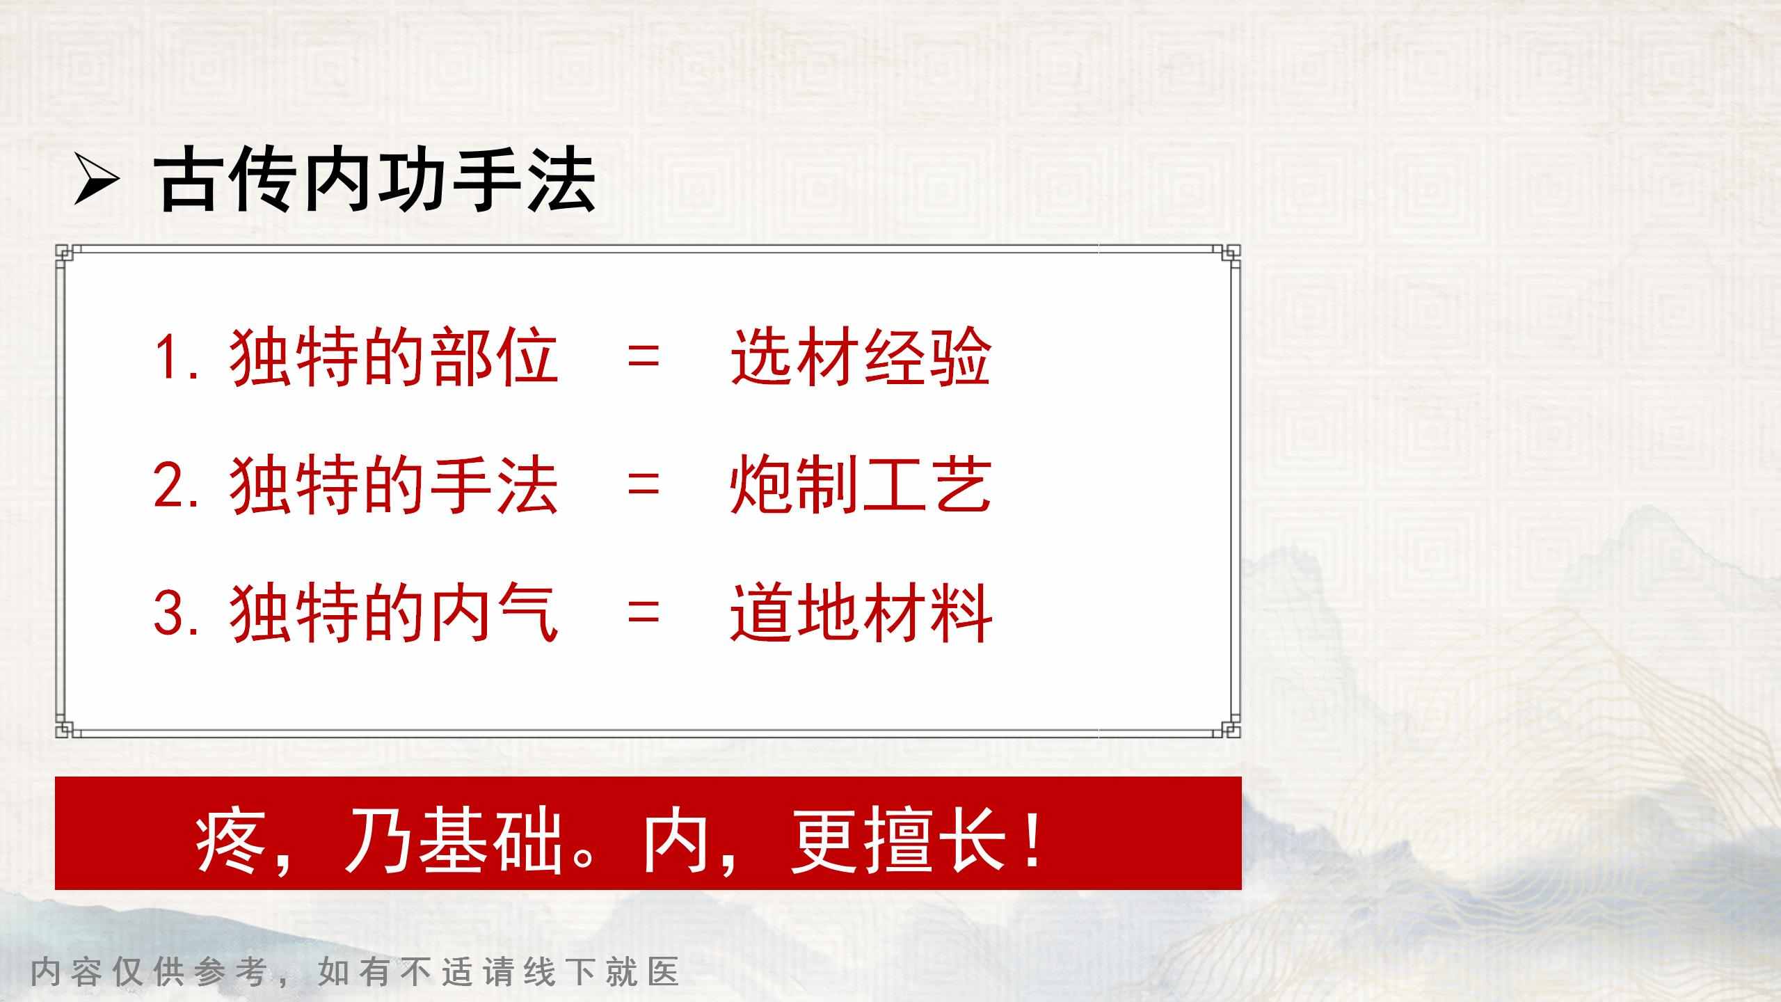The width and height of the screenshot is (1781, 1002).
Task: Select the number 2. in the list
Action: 177,486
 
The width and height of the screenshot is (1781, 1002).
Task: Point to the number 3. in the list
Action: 177,614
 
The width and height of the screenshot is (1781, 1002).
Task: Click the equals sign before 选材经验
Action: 643,359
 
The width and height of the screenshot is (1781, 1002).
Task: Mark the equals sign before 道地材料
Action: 643,614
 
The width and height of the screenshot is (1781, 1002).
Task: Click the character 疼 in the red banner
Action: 230,843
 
